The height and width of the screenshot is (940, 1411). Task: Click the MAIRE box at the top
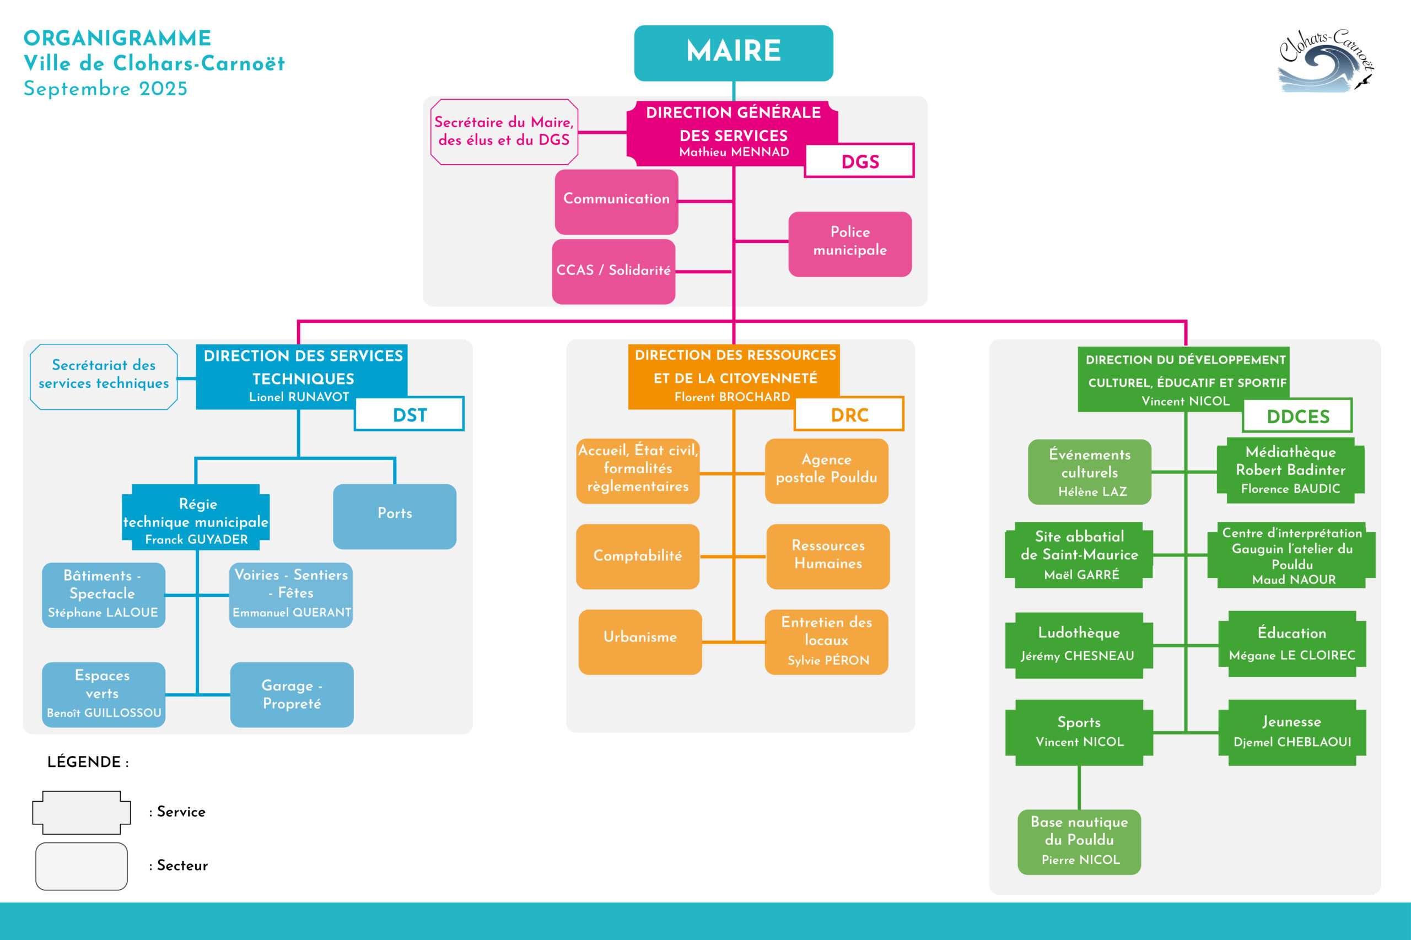pyautogui.click(x=734, y=53)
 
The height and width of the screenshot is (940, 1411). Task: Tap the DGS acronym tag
pyautogui.click(x=859, y=161)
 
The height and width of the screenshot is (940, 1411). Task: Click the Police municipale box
pyautogui.click(x=850, y=244)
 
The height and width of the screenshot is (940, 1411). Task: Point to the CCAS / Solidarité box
pyautogui.click(x=613, y=271)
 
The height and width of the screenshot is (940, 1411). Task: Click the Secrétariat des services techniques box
pyautogui.click(x=104, y=376)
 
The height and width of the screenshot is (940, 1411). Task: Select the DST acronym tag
pyautogui.click(x=409, y=414)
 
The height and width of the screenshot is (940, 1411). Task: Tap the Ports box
pyautogui.click(x=394, y=516)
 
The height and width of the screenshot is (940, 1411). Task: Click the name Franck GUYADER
pyautogui.click(x=196, y=539)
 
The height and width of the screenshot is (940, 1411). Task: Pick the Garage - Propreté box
pyautogui.click(x=292, y=694)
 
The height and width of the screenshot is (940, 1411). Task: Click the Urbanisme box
pyautogui.click(x=639, y=641)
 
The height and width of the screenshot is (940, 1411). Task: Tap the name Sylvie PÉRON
pyautogui.click(x=827, y=660)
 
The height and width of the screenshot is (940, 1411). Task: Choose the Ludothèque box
pyautogui.click(x=1078, y=645)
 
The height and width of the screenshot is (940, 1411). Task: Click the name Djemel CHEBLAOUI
pyautogui.click(x=1291, y=742)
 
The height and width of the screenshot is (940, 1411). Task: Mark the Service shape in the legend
pyautogui.click(x=81, y=812)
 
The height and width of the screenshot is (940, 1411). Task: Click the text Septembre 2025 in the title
pyautogui.click(x=105, y=89)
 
